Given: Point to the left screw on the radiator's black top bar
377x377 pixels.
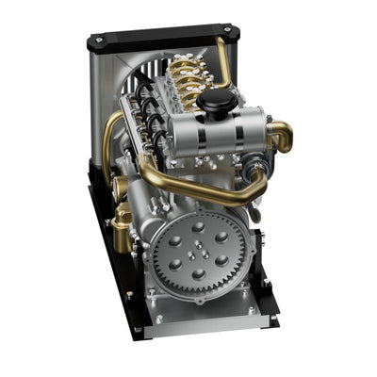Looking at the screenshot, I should click(99, 42).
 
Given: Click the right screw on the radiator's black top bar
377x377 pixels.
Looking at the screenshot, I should click(226, 31).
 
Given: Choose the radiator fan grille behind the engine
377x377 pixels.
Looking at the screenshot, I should click(141, 71).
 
